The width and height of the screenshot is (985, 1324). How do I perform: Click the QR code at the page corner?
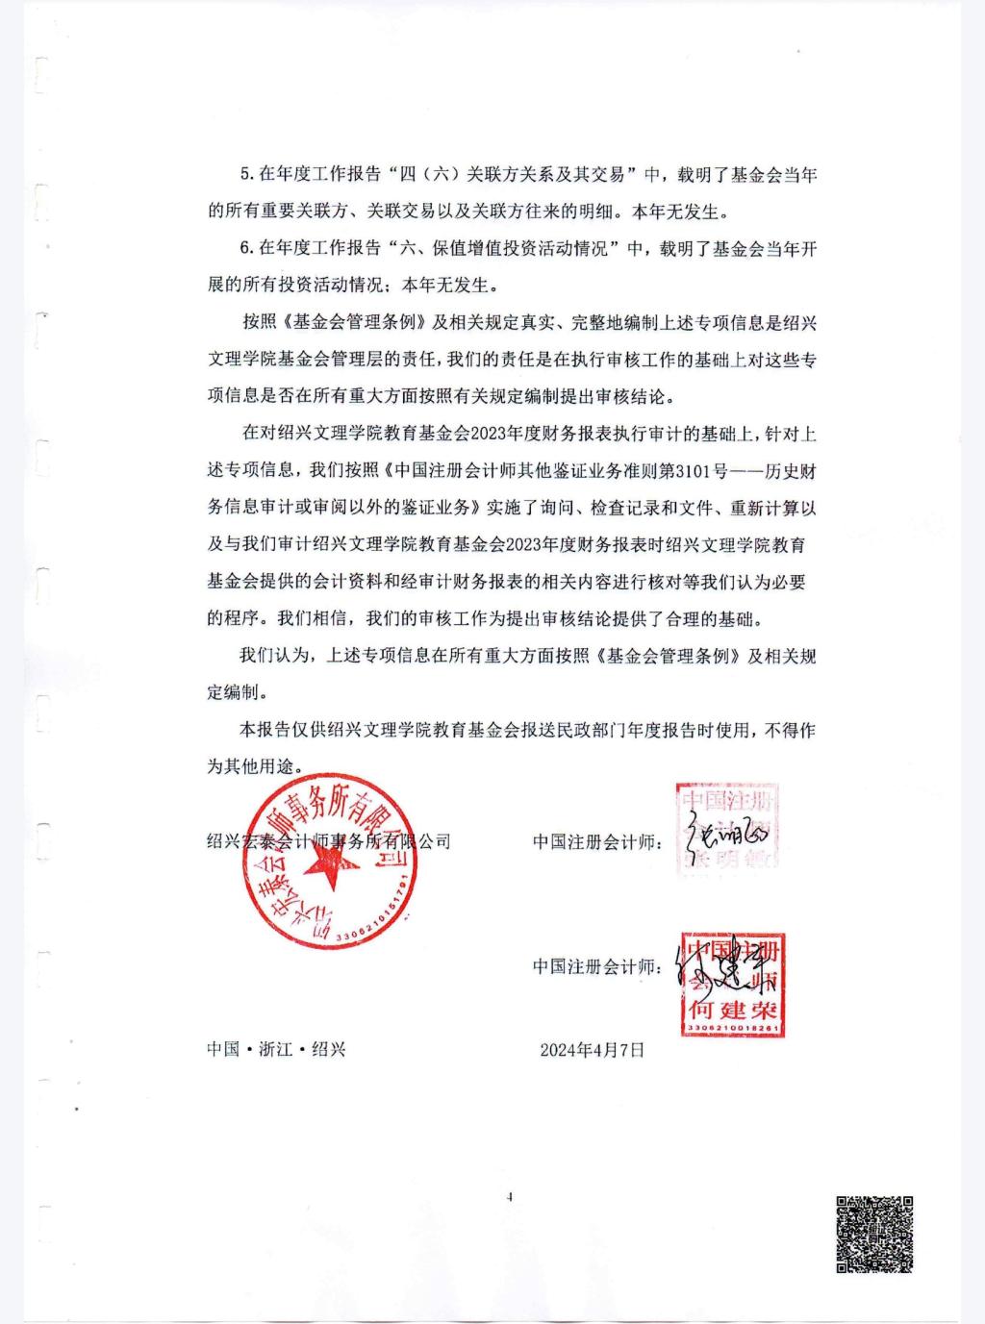click(873, 1235)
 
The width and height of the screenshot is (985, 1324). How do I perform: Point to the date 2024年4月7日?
click(592, 1049)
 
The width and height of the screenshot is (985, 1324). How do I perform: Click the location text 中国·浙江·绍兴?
click(276, 1049)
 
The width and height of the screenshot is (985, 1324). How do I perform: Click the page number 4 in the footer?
click(509, 1197)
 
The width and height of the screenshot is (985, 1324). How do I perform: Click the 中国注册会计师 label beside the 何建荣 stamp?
click(595, 966)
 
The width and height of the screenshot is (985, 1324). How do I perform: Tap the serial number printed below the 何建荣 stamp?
click(733, 1029)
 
